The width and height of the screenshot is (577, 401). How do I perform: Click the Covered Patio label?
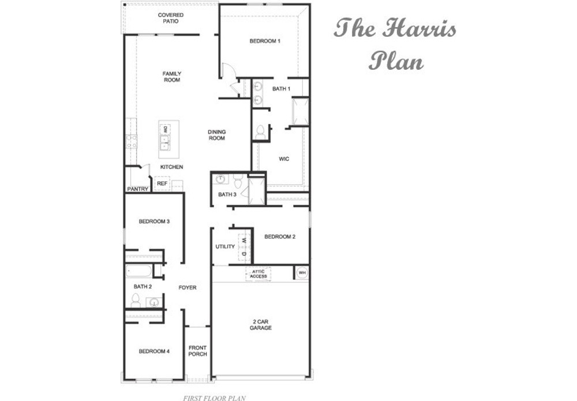click(x=171, y=18)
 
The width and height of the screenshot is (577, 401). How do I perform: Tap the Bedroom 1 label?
click(x=265, y=41)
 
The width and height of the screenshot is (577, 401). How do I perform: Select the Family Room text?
click(x=172, y=77)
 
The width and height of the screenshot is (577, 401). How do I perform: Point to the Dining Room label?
click(x=217, y=135)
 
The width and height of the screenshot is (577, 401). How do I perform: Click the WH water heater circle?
click(x=302, y=272)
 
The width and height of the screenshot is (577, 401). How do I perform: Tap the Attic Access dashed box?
click(x=258, y=273)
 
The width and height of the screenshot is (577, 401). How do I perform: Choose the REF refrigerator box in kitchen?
click(x=162, y=183)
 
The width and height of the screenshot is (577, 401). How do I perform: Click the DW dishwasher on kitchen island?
click(x=165, y=129)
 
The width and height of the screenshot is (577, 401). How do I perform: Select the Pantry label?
click(x=138, y=189)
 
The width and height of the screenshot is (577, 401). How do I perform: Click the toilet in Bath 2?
click(x=136, y=300)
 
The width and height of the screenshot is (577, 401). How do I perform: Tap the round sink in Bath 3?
click(x=220, y=179)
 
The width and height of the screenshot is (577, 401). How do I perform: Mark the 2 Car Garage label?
click(x=261, y=324)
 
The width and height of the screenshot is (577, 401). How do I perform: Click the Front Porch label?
click(x=197, y=351)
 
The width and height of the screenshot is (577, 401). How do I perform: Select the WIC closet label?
click(x=284, y=159)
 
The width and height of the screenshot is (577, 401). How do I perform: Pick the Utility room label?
click(x=225, y=246)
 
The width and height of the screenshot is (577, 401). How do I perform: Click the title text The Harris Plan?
click(x=396, y=43)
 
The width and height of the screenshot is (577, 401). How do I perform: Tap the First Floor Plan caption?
click(x=215, y=398)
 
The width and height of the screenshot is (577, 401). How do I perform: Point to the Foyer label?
click(x=188, y=287)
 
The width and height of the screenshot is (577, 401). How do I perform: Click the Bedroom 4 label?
click(x=154, y=351)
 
